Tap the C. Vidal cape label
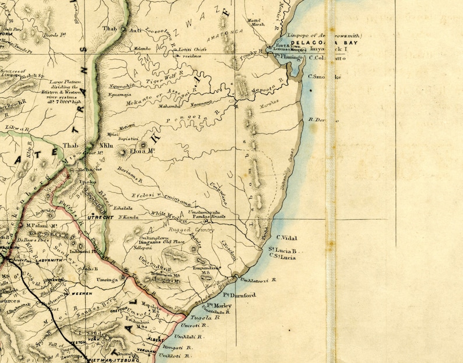pos(287,238)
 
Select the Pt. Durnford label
pos(240,295)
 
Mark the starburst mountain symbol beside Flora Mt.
pos(122,153)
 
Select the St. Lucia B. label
pos(283,251)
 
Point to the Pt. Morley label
pos(218,305)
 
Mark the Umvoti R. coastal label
pos(191,327)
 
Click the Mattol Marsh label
pos(256,22)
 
